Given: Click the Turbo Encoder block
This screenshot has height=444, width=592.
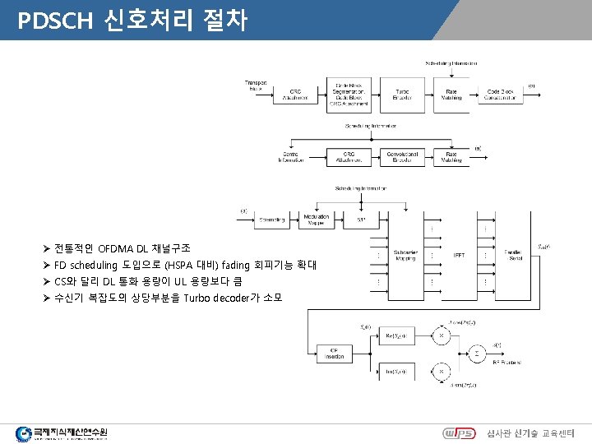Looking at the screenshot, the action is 402,94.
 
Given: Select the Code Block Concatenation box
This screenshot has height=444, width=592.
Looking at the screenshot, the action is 501,94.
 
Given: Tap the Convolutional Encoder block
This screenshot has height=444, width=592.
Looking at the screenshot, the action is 402,156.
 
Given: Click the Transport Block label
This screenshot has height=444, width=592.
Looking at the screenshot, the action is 255,85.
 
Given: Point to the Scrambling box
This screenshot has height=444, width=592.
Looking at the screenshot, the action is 272,219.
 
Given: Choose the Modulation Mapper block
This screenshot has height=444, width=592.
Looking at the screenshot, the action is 316,219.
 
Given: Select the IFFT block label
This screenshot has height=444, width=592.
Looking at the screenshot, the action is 459,255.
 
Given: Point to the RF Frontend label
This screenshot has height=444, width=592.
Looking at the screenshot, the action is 504,362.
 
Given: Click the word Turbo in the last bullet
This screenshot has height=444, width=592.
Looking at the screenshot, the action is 198,298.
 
